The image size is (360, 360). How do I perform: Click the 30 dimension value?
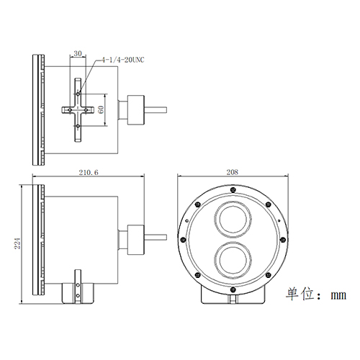tap(78, 53)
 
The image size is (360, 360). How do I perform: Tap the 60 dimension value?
tap(102, 109)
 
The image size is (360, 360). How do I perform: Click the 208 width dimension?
tap(232, 173)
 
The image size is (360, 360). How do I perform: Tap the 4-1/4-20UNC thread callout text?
tap(124, 61)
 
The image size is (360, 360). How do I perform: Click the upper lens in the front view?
tap(232, 217)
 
